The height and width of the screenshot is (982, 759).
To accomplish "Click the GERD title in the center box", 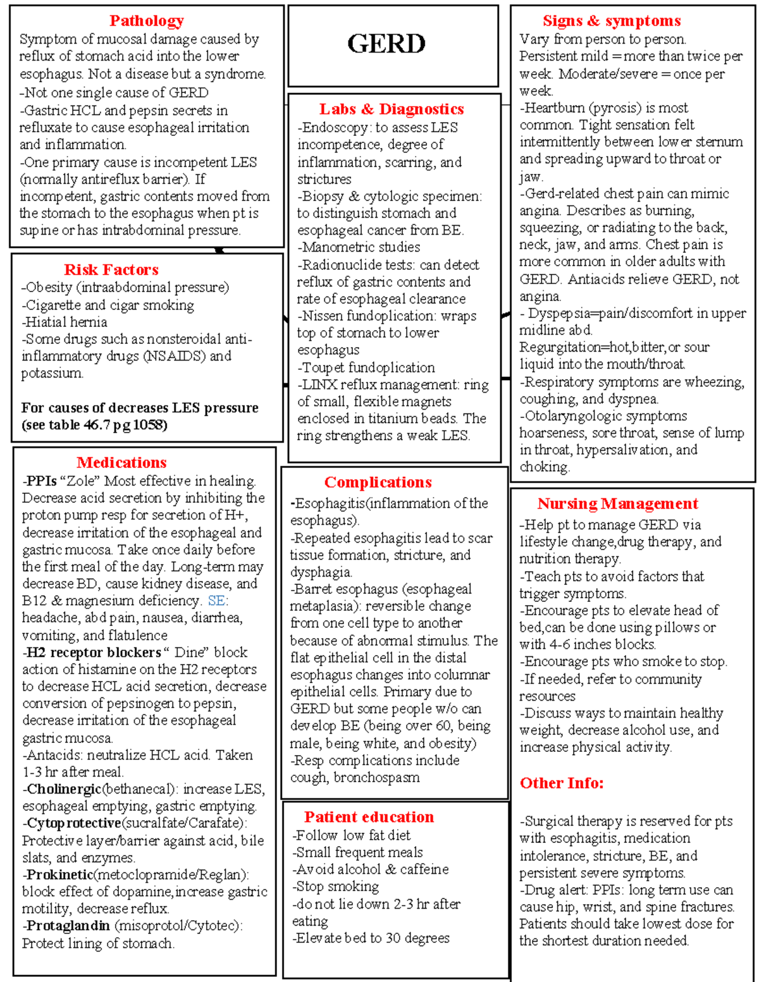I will pos(386,44).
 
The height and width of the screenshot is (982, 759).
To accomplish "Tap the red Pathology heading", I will pos(146,21).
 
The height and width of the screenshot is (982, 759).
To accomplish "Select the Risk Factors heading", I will pos(111,270).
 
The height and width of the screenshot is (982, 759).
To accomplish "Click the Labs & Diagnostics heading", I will pos(391,109).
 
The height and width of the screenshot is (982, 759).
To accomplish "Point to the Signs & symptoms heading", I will pos(611,21).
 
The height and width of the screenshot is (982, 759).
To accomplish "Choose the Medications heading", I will pos(121,463).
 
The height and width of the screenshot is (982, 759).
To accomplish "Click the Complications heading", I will pos(378,482).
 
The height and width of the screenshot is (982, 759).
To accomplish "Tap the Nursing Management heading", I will pos(617,504).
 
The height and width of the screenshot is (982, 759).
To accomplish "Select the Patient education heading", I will pos(369,817).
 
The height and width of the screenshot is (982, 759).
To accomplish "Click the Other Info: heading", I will pos(561,783).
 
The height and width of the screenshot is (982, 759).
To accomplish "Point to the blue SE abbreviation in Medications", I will pos(216,601).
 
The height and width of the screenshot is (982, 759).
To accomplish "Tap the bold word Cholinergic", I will pos(63,789).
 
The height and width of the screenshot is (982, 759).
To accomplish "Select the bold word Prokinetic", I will pos(59,875).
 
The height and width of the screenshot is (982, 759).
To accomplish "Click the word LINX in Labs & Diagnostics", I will pos(319,384).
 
